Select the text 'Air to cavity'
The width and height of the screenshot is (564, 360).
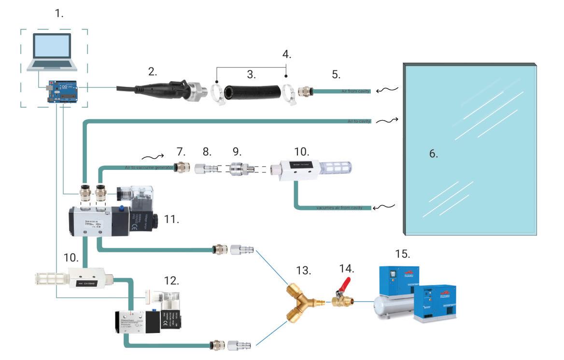click(359, 122)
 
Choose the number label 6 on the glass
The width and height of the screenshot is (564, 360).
click(433, 154)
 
